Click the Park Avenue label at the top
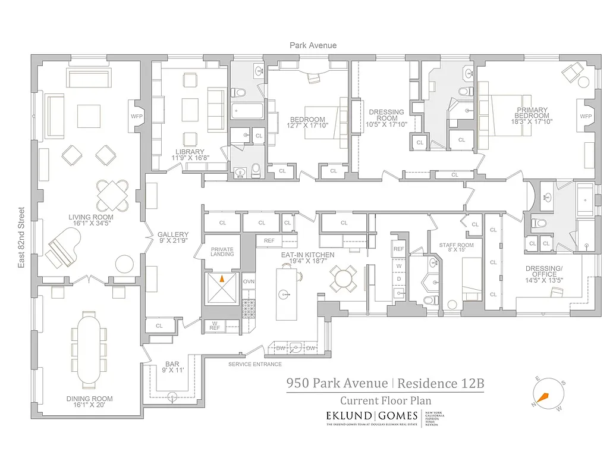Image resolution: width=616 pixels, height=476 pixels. (313, 45)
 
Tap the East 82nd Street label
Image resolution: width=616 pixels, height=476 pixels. (21, 237)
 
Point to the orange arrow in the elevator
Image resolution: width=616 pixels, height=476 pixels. (222, 277)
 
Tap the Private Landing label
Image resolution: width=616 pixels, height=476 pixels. (222, 252)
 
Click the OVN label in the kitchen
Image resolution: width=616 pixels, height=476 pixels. (249, 281)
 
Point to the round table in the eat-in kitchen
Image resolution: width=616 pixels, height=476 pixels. (344, 278)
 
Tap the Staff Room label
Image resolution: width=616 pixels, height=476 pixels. (456, 245)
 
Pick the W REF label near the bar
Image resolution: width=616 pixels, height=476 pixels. (213, 325)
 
